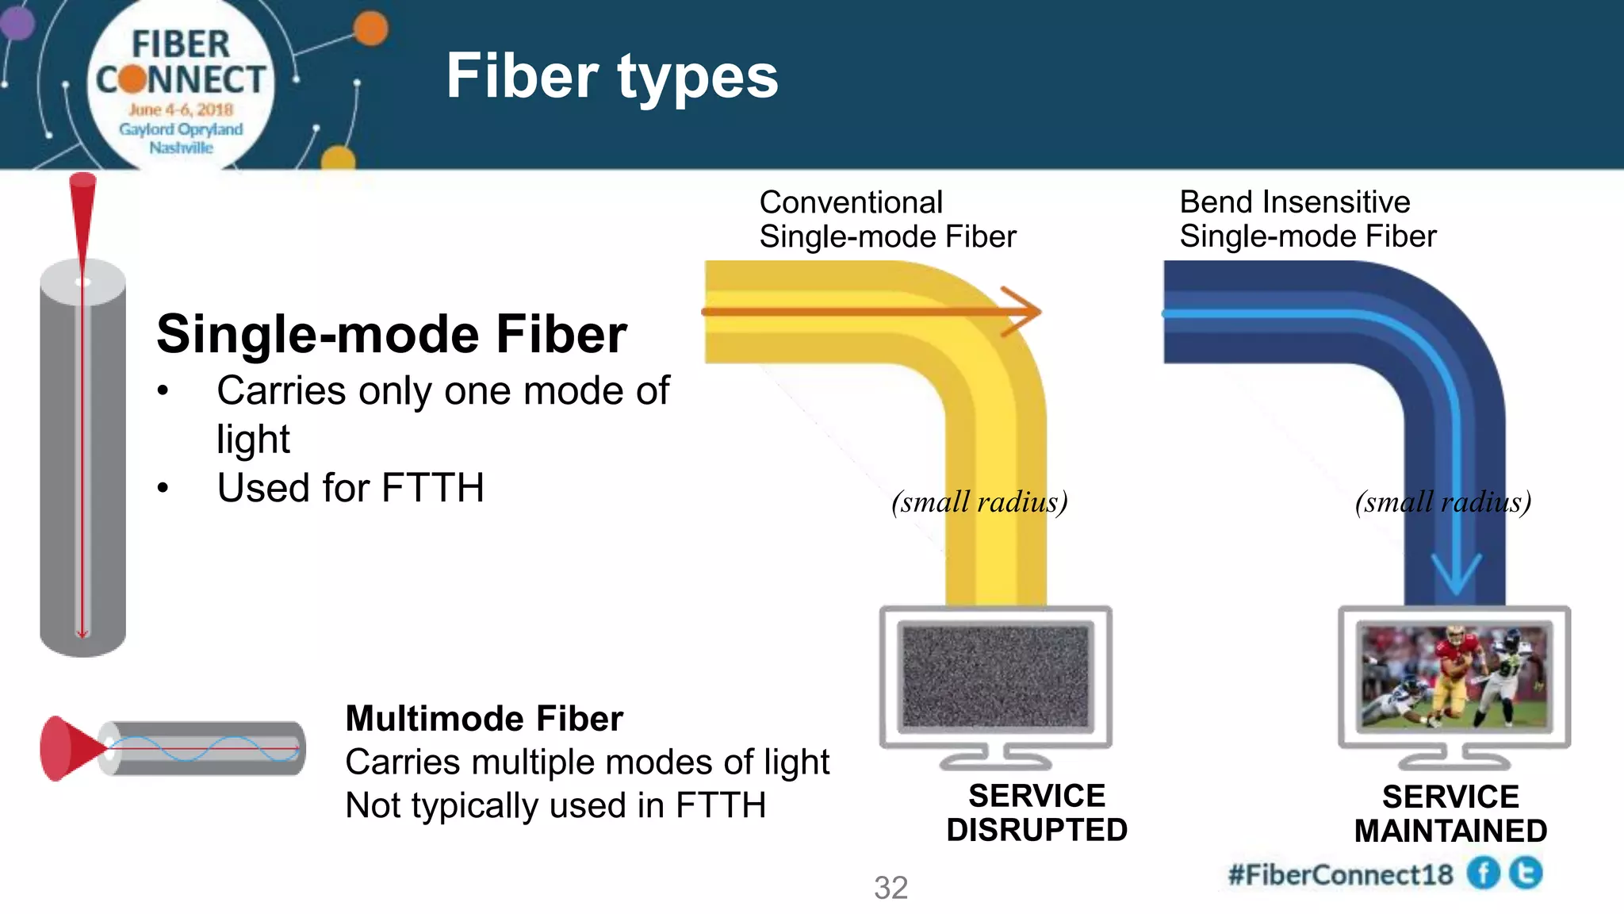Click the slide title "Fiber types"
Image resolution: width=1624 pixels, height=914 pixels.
611,76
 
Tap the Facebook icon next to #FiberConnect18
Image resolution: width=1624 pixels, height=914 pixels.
1483,874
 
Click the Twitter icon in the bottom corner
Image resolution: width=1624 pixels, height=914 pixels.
1526,873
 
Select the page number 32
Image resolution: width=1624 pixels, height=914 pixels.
891,888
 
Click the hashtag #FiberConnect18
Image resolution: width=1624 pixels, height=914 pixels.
1340,874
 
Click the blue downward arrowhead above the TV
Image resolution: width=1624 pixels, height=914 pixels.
1456,573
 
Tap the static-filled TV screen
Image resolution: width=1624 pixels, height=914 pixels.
995,676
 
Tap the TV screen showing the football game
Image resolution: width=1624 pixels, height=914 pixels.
1454,676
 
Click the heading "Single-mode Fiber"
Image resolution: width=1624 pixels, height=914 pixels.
391,334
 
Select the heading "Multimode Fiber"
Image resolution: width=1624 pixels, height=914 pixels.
484,719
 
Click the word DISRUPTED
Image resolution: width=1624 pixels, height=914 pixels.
1036,830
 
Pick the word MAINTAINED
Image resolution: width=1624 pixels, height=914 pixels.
1450,831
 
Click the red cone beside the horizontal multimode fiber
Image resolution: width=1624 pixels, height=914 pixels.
67,747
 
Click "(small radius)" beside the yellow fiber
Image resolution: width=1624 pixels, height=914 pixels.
979,502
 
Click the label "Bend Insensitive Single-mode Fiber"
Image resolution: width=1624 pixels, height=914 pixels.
1307,219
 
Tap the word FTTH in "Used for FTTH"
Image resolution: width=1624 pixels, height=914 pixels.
432,487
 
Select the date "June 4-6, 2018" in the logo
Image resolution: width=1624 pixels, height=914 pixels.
181,109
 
